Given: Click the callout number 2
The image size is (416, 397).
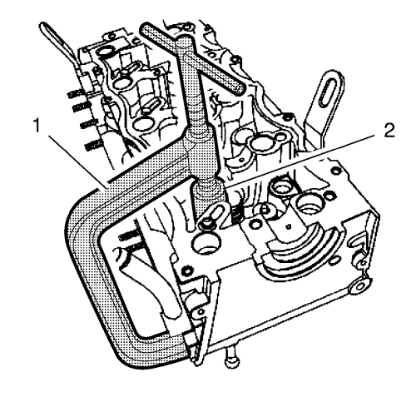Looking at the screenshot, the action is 389,130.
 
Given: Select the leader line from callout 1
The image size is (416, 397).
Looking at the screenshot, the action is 77,161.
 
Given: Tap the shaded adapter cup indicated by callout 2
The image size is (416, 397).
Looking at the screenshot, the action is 207,198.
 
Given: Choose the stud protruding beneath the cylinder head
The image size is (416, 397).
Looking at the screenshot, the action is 232,358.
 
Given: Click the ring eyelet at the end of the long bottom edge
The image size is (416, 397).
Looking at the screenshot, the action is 359,286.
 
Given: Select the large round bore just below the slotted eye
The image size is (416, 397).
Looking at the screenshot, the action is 206,242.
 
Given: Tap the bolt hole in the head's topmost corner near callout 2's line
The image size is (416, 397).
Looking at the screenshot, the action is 336,169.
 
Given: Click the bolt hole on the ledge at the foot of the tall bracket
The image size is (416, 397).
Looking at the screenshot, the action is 289,115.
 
